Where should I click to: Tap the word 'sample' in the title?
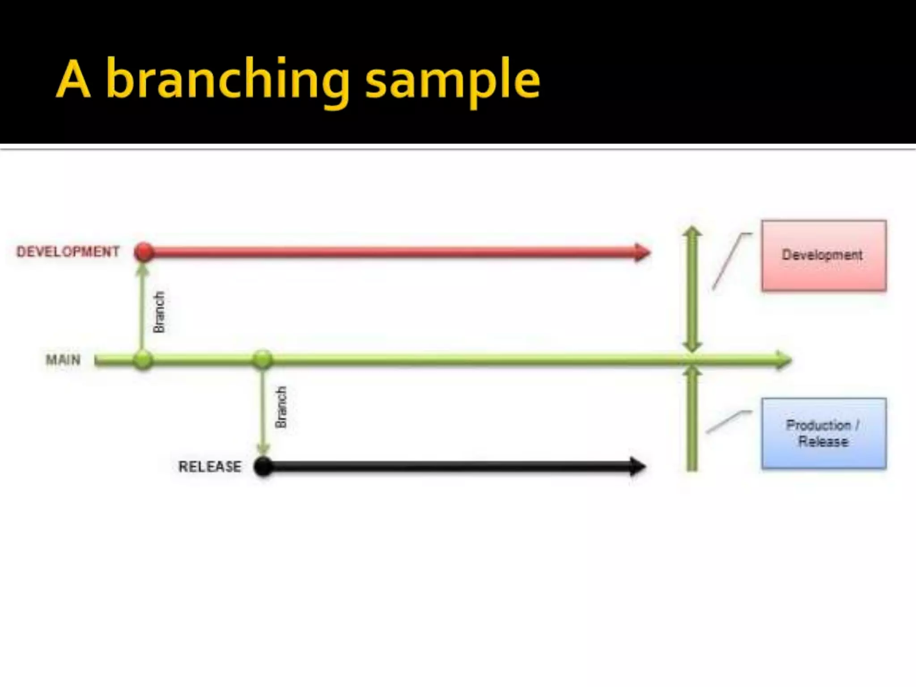pyautogui.click(x=453, y=81)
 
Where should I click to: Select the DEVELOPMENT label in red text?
pyautogui.click(x=68, y=252)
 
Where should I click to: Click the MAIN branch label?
pyautogui.click(x=63, y=360)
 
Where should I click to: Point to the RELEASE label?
pyautogui.click(x=210, y=467)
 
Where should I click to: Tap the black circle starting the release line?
pyautogui.click(x=263, y=467)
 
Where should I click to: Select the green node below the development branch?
pyautogui.click(x=143, y=360)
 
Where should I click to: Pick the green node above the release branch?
pyautogui.click(x=262, y=359)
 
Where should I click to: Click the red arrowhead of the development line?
pyautogui.click(x=643, y=252)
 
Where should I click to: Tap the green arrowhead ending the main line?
pyautogui.click(x=784, y=360)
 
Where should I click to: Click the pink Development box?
pyautogui.click(x=823, y=255)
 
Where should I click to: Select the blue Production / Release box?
pyautogui.click(x=824, y=433)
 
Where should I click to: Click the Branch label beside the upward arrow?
pyautogui.click(x=159, y=312)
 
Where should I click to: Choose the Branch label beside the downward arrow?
pyautogui.click(x=281, y=407)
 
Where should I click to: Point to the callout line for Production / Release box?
pyautogui.click(x=727, y=421)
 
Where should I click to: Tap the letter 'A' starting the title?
pyautogui.click(x=74, y=81)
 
